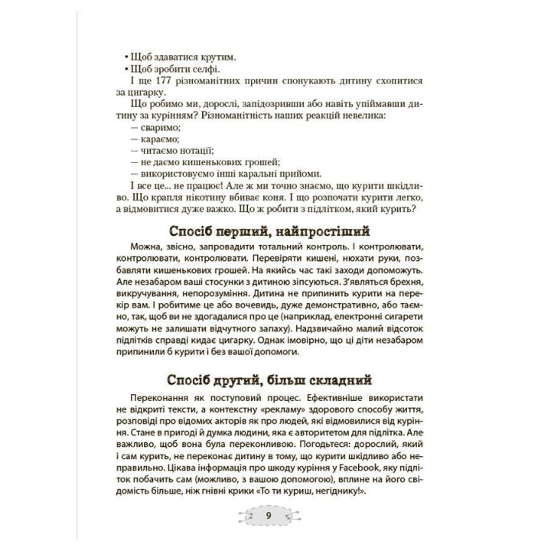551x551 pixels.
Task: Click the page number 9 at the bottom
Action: point(269,514)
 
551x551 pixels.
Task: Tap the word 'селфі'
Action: point(193,69)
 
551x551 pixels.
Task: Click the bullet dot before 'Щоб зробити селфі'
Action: point(124,69)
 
